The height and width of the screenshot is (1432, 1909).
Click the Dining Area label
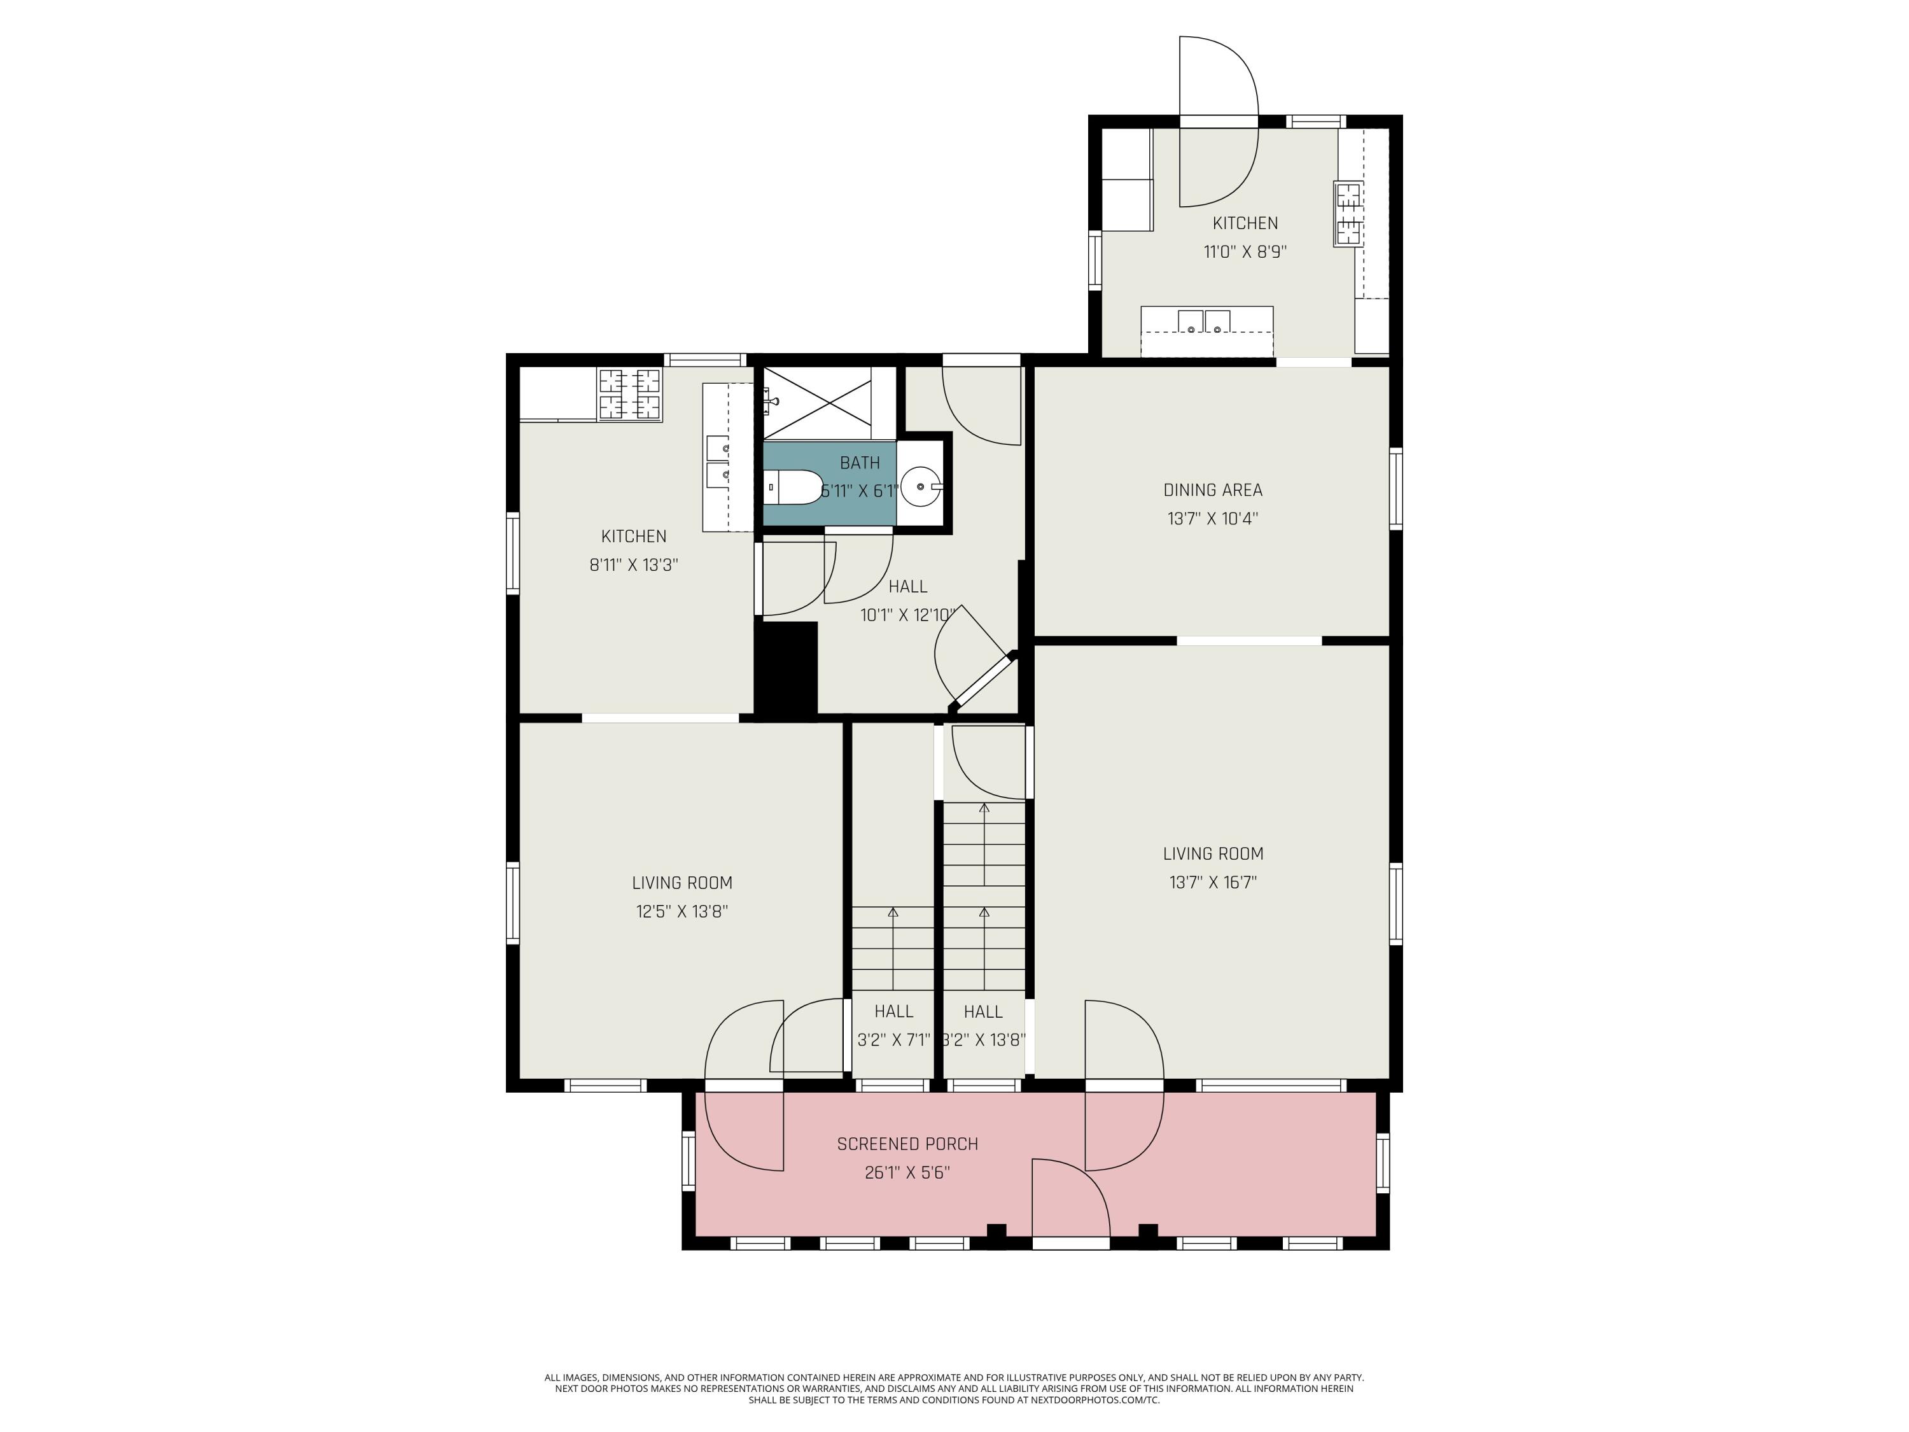[x=1213, y=489]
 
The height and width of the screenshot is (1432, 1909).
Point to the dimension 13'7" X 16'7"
[x=1213, y=882]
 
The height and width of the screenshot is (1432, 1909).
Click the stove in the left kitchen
[x=630, y=395]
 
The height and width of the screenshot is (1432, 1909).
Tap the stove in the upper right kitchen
[x=1348, y=213]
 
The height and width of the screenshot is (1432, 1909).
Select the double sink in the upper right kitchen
[x=1204, y=322]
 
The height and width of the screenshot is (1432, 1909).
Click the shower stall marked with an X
[x=817, y=403]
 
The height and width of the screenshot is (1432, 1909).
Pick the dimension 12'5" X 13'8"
[x=682, y=911]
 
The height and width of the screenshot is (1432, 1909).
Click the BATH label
[x=860, y=463]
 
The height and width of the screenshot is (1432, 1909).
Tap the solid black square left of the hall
[x=785, y=668]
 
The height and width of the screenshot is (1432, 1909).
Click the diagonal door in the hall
[x=982, y=682]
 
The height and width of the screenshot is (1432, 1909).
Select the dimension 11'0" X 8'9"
[x=1245, y=252]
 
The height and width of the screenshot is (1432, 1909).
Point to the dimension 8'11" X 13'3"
[x=633, y=565]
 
